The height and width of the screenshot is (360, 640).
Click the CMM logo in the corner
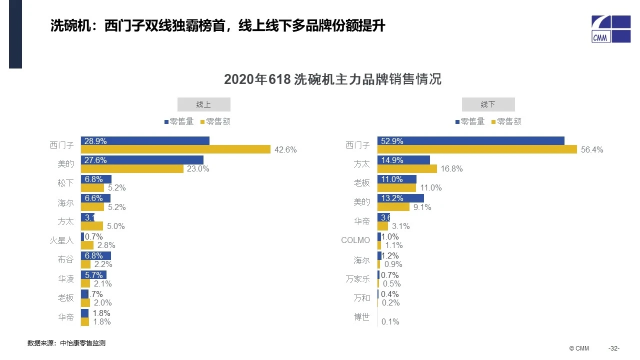tap(610, 29)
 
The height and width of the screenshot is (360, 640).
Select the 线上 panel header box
tap(204, 104)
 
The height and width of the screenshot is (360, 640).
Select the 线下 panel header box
tap(488, 104)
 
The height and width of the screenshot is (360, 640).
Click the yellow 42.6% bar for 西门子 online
tap(175, 149)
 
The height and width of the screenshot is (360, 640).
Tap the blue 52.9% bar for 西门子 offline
tap(471, 141)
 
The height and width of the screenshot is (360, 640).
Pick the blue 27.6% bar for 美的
tap(142, 160)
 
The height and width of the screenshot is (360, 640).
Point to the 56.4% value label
tap(592, 149)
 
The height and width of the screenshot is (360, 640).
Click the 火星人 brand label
tap(62, 240)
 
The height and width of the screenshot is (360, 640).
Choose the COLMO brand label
tap(355, 240)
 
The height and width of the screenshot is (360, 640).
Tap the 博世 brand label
tap(361, 317)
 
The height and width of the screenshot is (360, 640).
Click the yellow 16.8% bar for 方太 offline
tap(407, 169)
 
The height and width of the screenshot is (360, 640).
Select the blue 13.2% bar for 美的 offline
tap(400, 198)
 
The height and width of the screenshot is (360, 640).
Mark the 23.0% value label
tap(198, 169)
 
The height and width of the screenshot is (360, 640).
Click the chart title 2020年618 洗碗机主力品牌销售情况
tap(332, 79)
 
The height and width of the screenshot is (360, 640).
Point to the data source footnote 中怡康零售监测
tap(66, 343)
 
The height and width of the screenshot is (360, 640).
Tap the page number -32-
tap(613, 348)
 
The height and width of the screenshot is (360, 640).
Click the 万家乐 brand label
tap(357, 279)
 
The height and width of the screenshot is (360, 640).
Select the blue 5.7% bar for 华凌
tap(93, 275)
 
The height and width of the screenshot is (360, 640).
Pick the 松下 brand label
tap(65, 183)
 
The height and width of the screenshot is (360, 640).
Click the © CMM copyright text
tap(579, 348)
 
